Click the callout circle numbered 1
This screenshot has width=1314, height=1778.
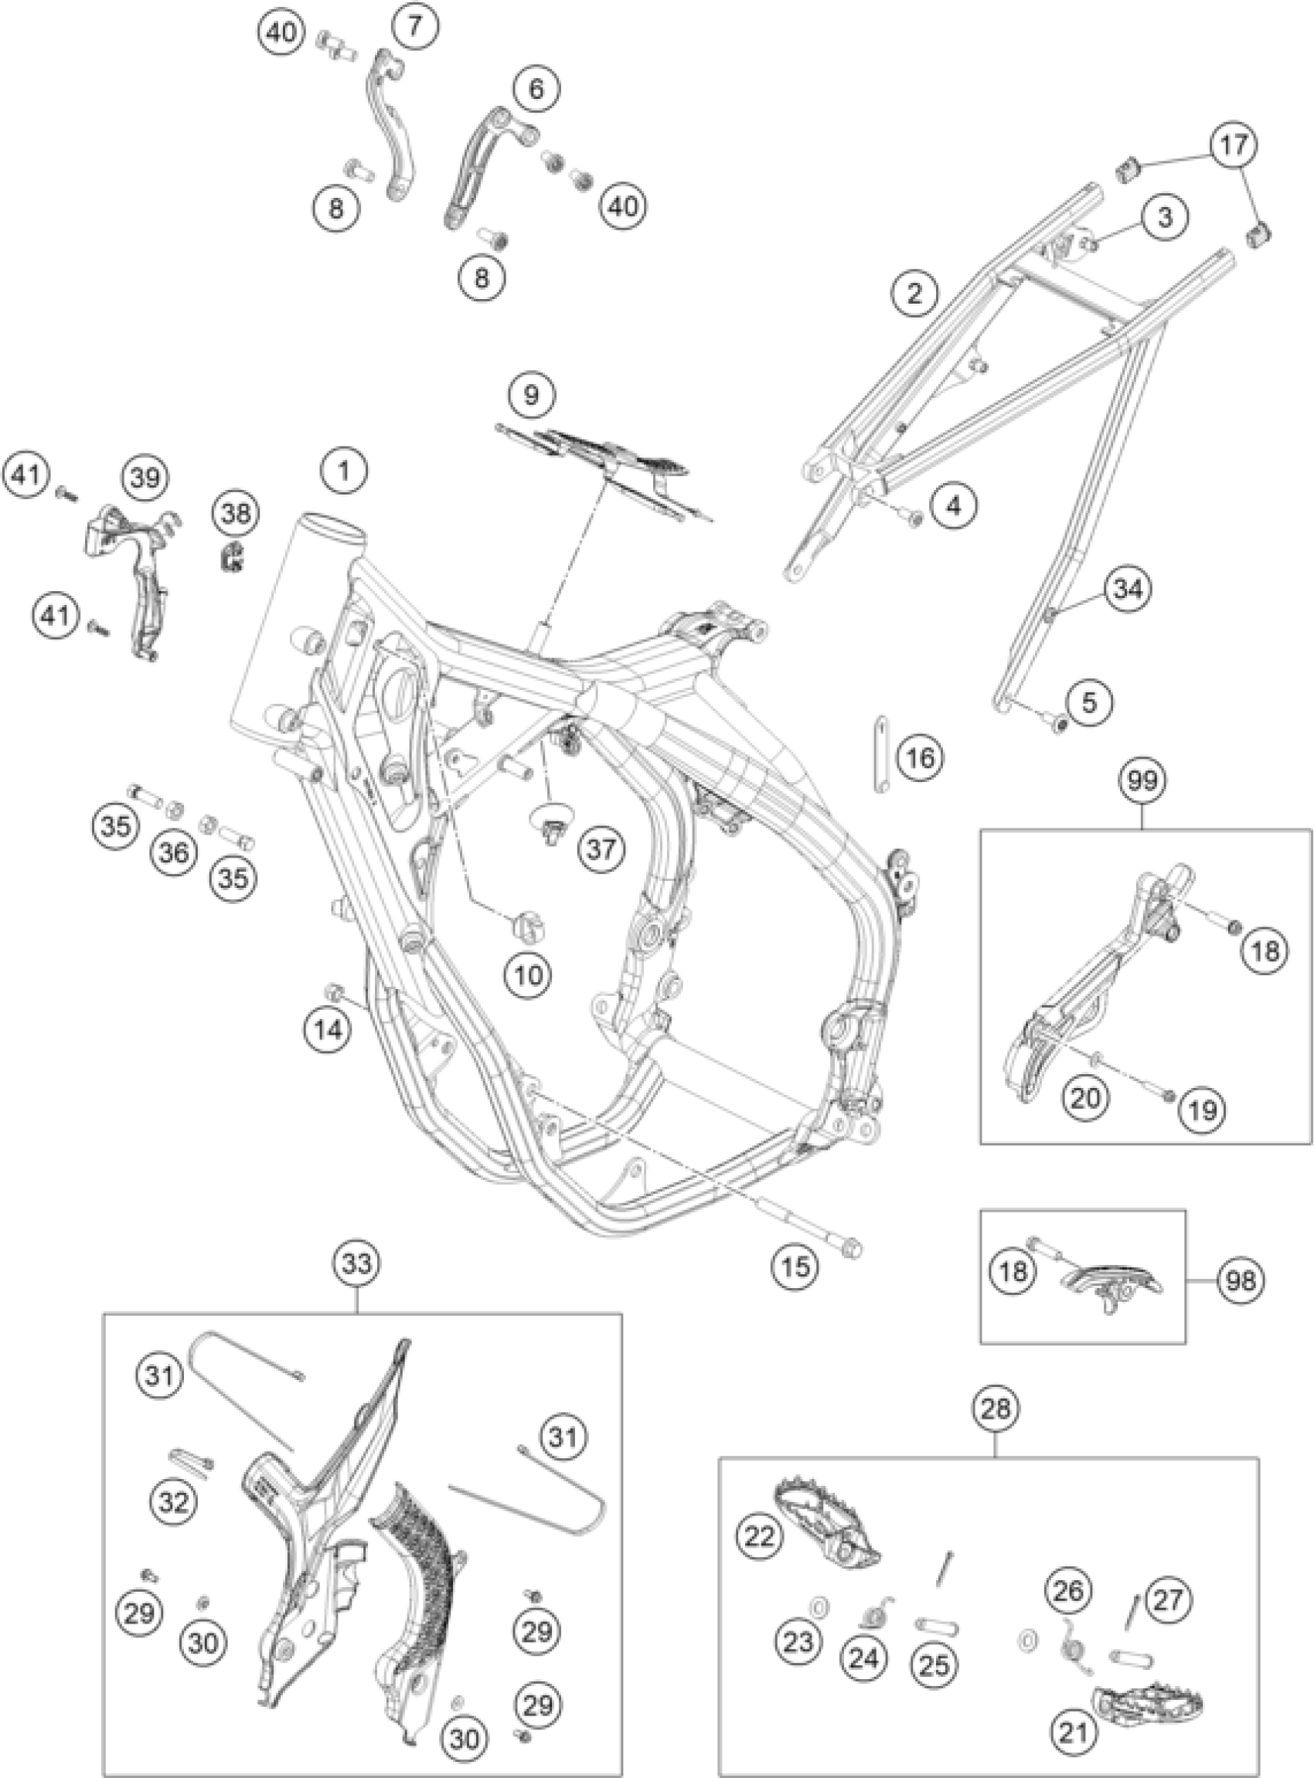coord(344,470)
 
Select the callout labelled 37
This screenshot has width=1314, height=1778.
coord(601,849)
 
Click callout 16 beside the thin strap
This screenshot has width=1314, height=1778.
coord(921,758)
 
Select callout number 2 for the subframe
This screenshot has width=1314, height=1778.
coord(914,294)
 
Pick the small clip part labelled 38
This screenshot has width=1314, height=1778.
coord(231,559)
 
